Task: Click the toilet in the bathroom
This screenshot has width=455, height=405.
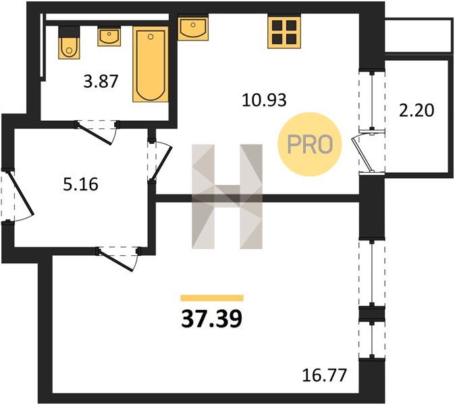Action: pyautogui.click(x=69, y=43)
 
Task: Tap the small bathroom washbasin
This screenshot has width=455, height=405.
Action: pyautogui.click(x=109, y=36)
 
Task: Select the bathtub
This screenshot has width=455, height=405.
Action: pyautogui.click(x=151, y=64)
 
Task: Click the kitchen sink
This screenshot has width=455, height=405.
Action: pyautogui.click(x=193, y=28)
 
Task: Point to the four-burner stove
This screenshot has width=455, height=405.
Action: pyautogui.click(x=284, y=32)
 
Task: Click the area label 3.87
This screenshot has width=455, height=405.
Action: pyautogui.click(x=101, y=82)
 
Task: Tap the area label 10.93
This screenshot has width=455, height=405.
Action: pyautogui.click(x=264, y=100)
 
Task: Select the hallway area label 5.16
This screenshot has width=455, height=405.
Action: pyautogui.click(x=80, y=184)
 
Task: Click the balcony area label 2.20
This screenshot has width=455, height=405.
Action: pyautogui.click(x=417, y=111)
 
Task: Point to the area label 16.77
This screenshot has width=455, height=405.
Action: pyautogui.click(x=325, y=375)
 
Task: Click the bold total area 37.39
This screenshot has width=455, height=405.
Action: pyautogui.click(x=211, y=319)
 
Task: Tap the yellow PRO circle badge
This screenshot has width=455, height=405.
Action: pyautogui.click(x=310, y=144)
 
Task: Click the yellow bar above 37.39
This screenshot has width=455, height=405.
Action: pyautogui.click(x=212, y=298)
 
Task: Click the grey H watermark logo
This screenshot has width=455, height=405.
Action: pyautogui.click(x=227, y=196)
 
